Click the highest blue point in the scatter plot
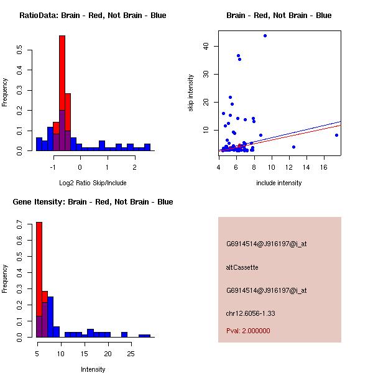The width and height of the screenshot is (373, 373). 265,35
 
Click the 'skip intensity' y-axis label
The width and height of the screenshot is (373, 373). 191,93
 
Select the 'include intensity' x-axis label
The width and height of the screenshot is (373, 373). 279,183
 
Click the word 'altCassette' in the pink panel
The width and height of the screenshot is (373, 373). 242,267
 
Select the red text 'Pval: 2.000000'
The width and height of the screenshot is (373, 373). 248,331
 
